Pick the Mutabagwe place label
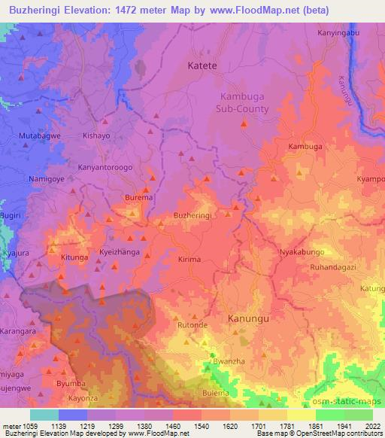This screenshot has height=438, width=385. (x=40, y=136)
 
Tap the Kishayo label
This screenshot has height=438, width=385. (x=95, y=136)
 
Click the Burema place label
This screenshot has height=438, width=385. (x=139, y=198)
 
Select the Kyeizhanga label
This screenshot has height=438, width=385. (x=120, y=253)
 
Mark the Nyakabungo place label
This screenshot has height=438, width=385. (x=302, y=251)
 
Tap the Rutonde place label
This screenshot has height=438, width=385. (x=192, y=325)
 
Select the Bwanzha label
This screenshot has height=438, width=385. (x=229, y=362)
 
